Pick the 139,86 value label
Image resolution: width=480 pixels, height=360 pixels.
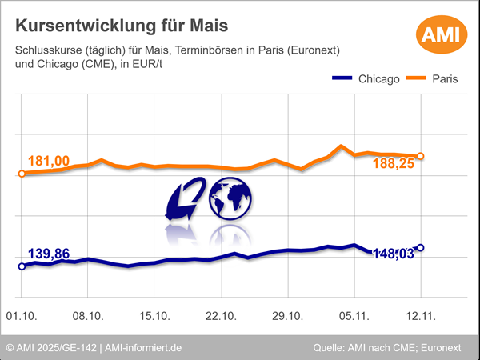coord(49,254)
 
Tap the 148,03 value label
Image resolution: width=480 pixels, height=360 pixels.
coord(395,254)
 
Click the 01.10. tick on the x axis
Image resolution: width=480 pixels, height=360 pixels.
coord(22,318)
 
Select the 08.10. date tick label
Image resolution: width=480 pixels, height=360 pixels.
coord(88,318)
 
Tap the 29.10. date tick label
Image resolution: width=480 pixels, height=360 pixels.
coord(288,318)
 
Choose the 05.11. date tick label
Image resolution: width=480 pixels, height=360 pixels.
coord(354,318)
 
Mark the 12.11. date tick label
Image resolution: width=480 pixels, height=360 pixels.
coord(421,318)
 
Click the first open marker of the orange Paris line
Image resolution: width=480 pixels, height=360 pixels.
coord(22,173)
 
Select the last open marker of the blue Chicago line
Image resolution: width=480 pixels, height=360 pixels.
coord(421,248)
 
